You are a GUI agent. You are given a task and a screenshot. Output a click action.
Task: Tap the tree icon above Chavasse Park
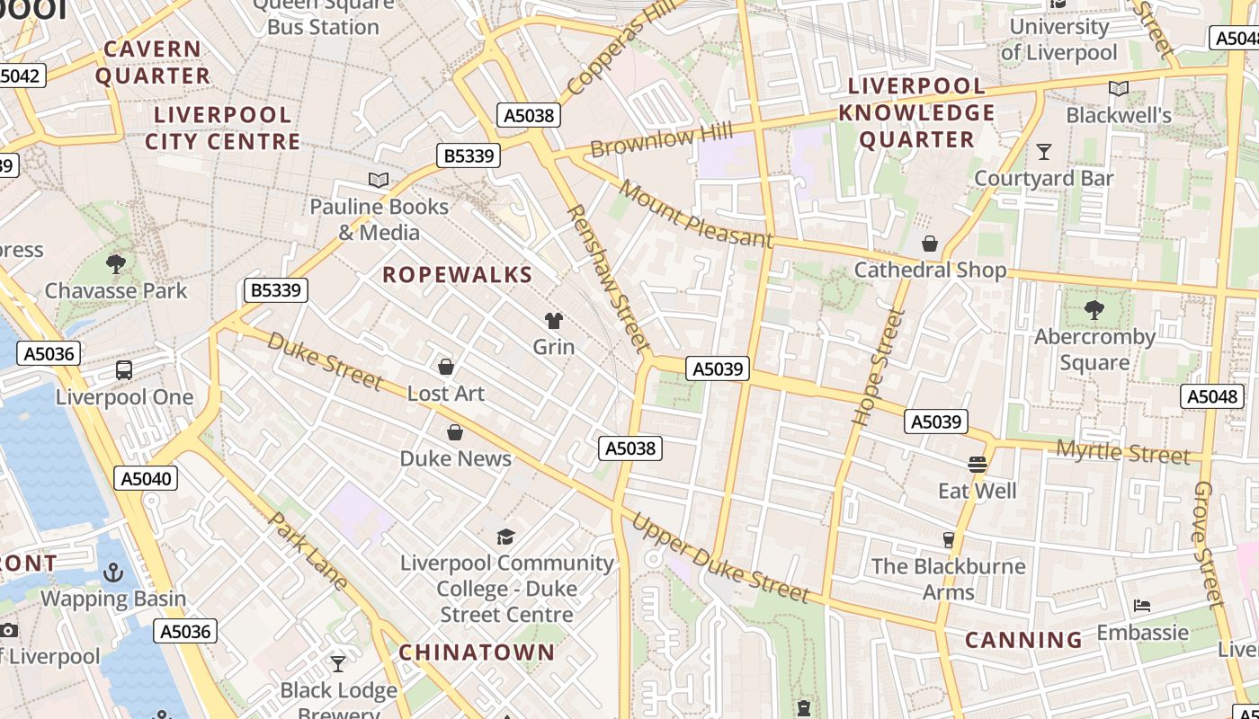pos(115,263)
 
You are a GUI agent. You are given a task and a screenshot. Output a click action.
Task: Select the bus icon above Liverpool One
pos(124,370)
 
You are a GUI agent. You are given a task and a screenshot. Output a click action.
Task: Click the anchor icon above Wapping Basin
pos(113,572)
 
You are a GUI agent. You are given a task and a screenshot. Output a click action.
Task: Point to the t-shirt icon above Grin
pos(553,320)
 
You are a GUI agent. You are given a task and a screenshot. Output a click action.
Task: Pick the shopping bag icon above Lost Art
pos(445,367)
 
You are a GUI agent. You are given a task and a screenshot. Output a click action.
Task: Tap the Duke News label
pos(455,458)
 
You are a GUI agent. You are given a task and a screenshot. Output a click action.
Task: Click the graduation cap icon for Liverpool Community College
pos(506,537)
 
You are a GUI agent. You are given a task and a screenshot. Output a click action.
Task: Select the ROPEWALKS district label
pos(458,275)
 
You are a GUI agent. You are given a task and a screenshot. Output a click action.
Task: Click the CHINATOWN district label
pos(477,652)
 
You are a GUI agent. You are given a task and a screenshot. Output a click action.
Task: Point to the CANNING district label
pos(1023,640)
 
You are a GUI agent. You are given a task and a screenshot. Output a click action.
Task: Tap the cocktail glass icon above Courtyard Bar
pos(1043,152)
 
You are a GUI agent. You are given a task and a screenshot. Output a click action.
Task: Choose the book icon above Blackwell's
pos(1118,89)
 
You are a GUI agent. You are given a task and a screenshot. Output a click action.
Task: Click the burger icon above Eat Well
pos(978,465)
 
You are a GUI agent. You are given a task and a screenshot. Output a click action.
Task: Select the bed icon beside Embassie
pos(1142,606)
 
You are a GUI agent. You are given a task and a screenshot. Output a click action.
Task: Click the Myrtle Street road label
pos(1122,452)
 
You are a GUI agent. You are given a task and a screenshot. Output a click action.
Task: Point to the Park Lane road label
pos(308,550)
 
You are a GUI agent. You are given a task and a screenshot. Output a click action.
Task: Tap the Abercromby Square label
pos(1094,350)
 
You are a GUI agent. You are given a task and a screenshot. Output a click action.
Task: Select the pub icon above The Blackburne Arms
pos(948,539)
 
